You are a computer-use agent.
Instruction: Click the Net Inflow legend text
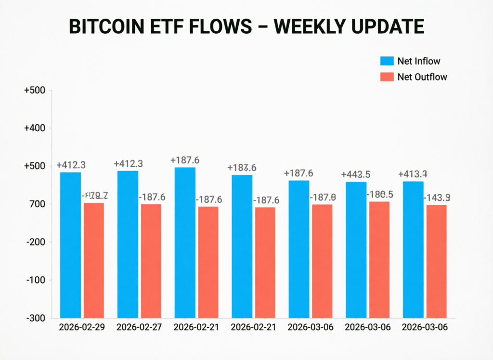[418, 61]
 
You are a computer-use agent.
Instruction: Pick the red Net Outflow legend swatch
[387, 77]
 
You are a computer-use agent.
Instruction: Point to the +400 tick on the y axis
[34, 128]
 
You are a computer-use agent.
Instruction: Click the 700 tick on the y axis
[38, 204]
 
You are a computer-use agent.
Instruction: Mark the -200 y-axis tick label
[36, 242]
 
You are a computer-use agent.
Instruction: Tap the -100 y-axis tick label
[36, 280]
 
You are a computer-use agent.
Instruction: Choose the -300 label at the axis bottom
[36, 318]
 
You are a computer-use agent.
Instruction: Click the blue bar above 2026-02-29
[70, 245]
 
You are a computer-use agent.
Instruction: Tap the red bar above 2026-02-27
[151, 261]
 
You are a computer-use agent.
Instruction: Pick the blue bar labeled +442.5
[356, 250]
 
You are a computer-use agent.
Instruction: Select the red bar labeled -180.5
[379, 259]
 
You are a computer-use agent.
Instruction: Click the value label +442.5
[355, 174]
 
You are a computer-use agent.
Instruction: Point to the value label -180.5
[380, 195]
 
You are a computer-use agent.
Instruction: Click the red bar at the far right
[436, 261]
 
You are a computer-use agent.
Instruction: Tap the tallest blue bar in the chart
[185, 242]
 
